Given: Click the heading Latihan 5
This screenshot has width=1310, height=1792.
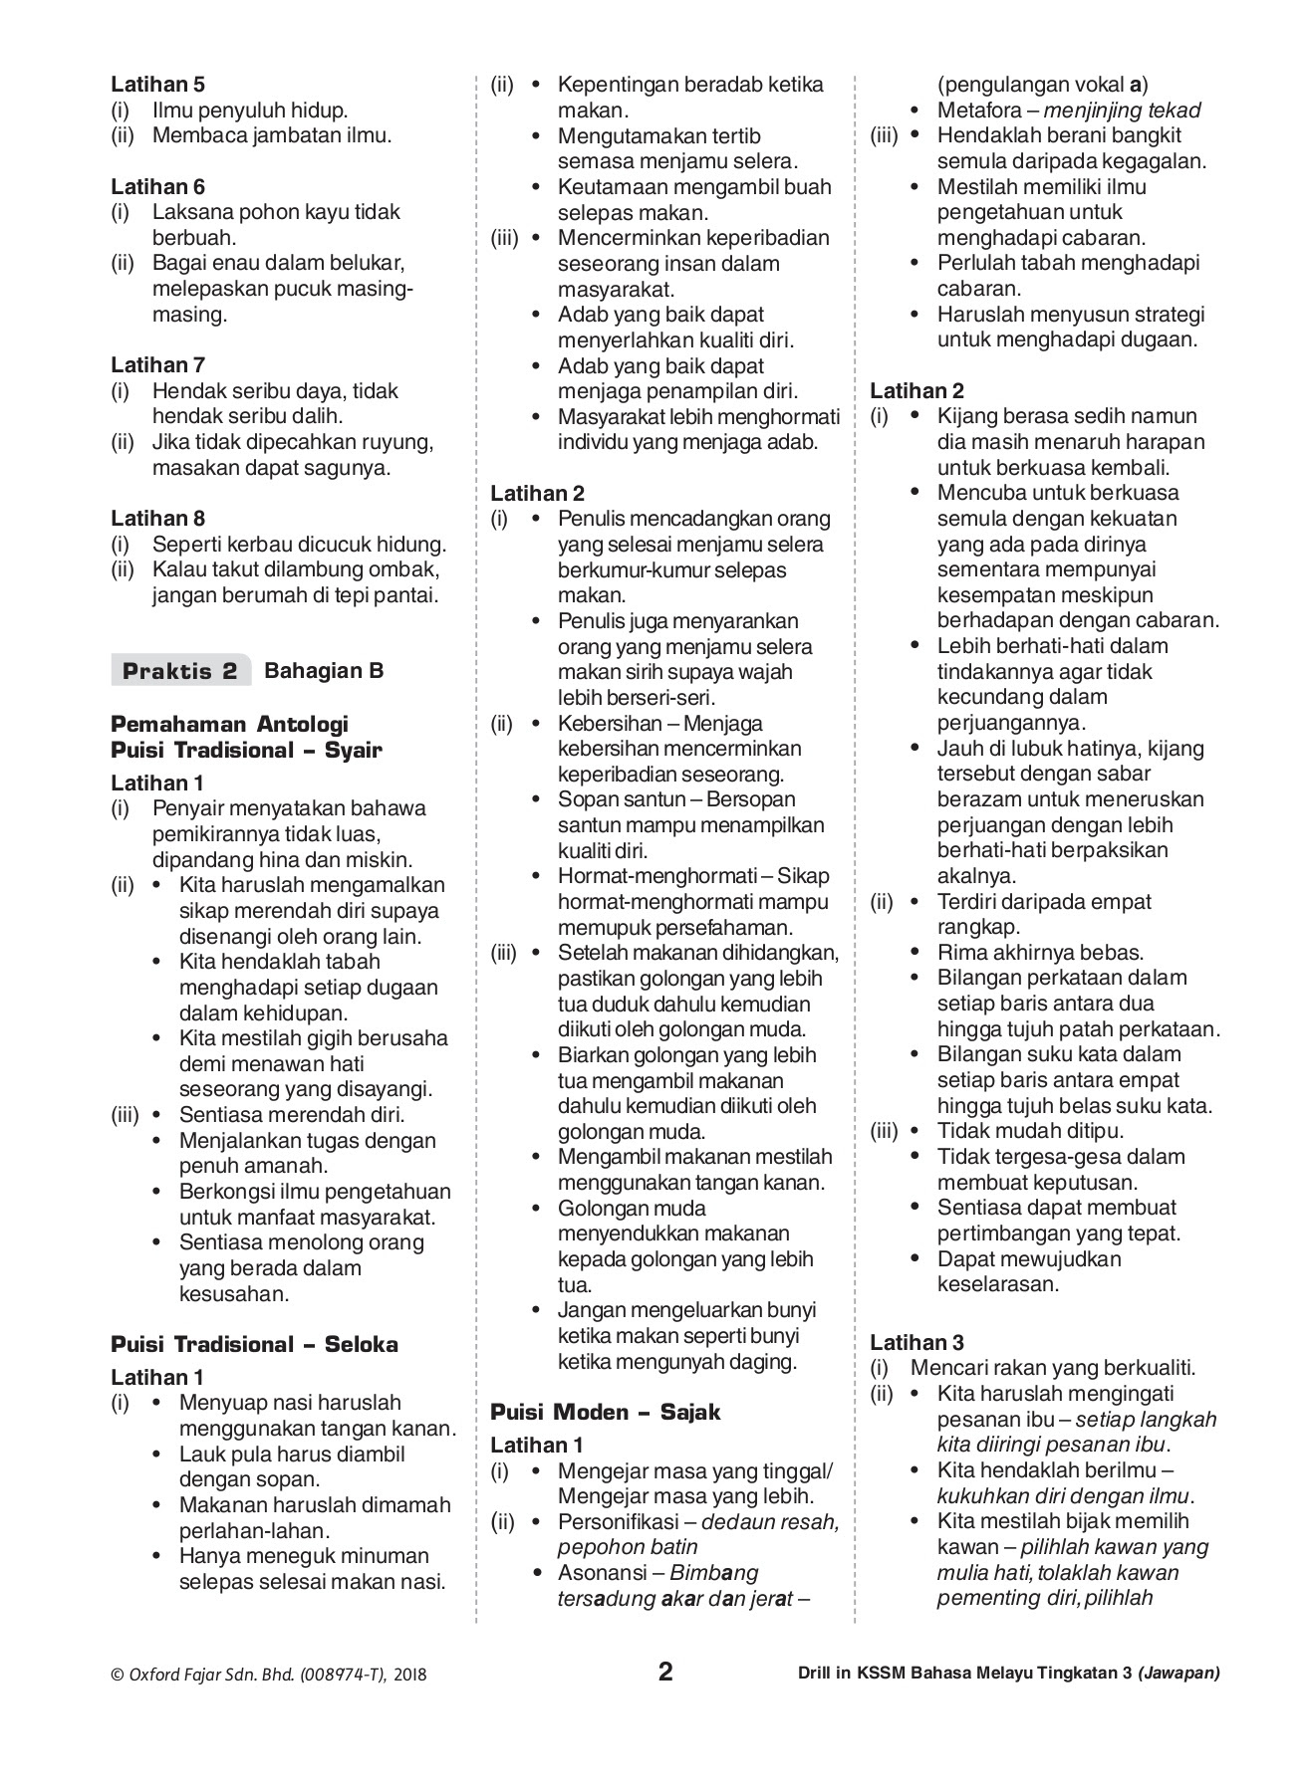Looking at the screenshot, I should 157,85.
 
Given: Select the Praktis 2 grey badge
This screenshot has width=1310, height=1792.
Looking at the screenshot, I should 180,671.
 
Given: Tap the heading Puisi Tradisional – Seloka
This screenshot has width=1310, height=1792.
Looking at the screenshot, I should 254,1344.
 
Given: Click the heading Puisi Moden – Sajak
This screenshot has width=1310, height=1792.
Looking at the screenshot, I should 605,1412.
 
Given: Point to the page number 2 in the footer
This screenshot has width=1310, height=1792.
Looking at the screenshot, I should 665,1672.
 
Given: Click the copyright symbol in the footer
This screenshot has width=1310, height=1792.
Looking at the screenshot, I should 117,1675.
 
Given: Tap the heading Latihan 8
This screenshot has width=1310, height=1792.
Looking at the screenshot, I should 157,518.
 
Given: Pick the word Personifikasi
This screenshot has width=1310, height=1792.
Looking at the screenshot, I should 618,1521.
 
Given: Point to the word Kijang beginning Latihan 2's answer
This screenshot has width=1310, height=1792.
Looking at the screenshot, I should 966,416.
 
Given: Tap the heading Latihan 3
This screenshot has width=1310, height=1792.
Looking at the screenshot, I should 917,1342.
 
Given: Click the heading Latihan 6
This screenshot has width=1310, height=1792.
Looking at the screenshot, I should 157,186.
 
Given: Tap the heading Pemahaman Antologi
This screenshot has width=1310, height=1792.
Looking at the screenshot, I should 229,724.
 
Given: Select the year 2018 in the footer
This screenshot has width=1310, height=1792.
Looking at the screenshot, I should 410,1675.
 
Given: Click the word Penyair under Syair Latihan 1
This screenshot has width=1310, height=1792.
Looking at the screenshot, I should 188,807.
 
